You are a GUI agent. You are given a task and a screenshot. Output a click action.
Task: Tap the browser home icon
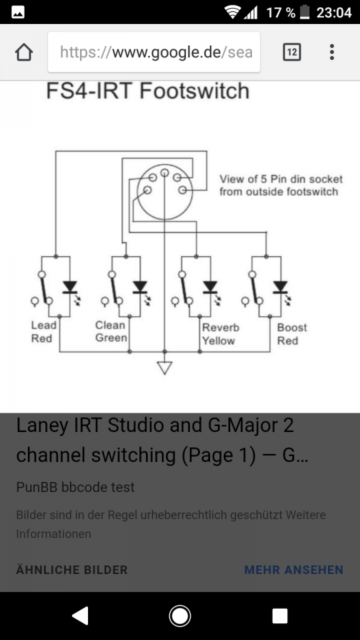[x=24, y=52]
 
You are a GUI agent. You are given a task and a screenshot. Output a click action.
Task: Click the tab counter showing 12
[x=292, y=52]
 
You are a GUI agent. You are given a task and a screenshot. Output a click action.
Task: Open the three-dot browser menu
[x=332, y=52]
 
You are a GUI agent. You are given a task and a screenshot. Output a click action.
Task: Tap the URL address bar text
[x=156, y=52]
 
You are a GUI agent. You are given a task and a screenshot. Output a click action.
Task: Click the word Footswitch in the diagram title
[x=194, y=91]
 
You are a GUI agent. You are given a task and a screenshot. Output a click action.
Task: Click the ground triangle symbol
[x=165, y=368]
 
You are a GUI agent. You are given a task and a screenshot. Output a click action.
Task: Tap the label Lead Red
[x=43, y=332]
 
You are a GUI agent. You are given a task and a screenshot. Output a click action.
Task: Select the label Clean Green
[x=111, y=331]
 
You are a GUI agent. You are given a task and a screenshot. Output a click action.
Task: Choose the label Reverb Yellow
[x=221, y=334]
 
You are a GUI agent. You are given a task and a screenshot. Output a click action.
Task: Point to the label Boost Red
[x=292, y=334]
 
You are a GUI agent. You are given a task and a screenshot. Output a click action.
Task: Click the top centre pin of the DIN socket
[x=165, y=173]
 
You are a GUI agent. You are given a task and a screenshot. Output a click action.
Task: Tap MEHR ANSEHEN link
[x=293, y=570]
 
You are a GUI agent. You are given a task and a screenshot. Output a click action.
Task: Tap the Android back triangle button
[x=80, y=616]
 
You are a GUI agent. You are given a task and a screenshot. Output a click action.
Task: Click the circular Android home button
[x=179, y=616]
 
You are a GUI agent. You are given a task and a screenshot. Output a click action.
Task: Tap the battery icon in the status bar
[x=305, y=12]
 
